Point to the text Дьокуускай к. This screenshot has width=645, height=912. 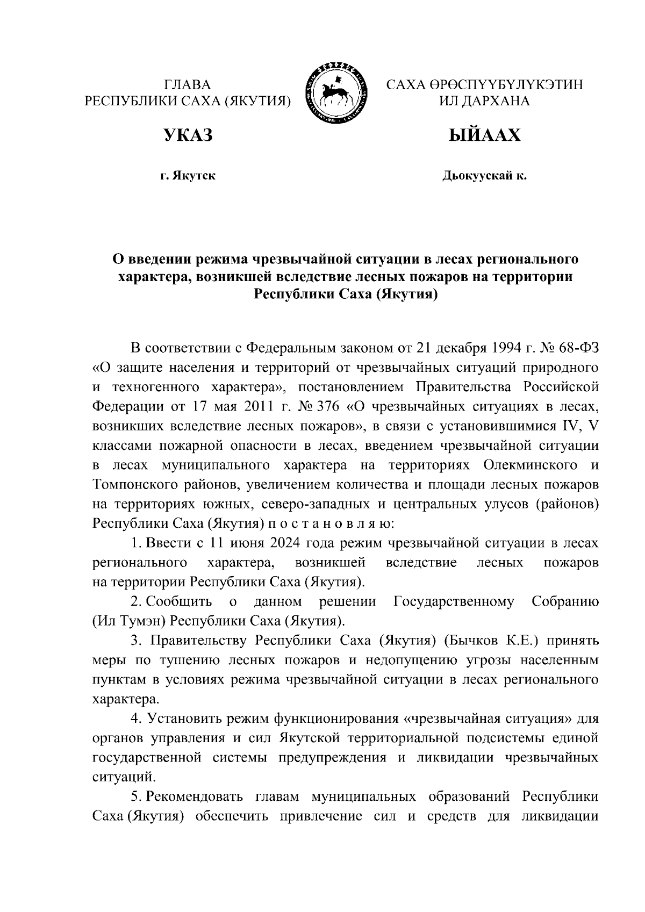[484, 176]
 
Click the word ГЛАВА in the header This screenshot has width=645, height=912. [188, 84]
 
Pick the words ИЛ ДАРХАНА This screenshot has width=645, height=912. [484, 100]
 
